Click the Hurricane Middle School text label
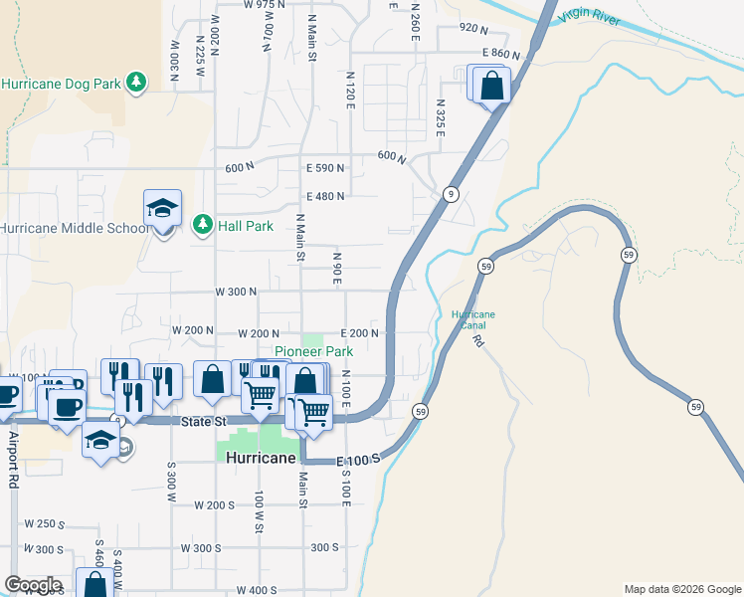point(76,228)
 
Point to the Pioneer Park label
point(313,352)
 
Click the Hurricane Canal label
point(472,319)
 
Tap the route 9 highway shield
point(452,194)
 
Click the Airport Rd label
point(14,458)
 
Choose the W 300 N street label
point(236,292)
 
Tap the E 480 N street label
point(325,196)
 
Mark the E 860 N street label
point(501,53)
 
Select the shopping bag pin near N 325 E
point(491,86)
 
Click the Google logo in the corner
point(33,585)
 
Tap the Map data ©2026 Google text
point(681,589)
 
